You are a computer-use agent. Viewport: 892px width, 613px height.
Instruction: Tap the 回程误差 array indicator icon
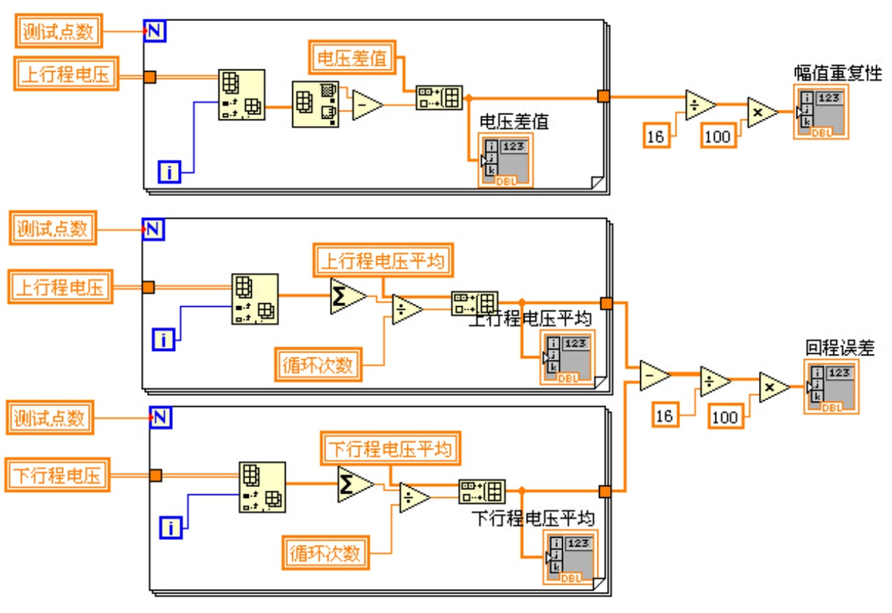coord(831,386)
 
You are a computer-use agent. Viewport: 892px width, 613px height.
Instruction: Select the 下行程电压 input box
coord(58,475)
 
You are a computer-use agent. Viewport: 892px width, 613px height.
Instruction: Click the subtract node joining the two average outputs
coord(654,376)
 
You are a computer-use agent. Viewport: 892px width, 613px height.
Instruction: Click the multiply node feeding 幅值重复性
coord(762,112)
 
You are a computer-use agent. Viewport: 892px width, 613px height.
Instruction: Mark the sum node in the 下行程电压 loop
coord(354,483)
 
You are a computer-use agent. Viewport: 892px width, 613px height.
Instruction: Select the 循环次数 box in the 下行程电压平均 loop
coord(325,554)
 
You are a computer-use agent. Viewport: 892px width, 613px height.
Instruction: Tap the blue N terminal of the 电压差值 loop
coord(155,30)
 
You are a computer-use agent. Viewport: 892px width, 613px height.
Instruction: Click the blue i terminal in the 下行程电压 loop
coord(171,528)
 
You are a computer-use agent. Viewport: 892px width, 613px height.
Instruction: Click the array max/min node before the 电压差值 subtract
coord(315,105)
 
